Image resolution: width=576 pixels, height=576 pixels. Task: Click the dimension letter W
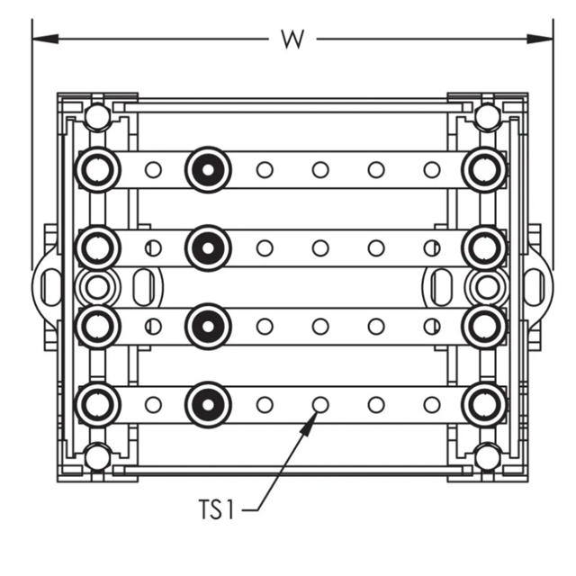(x=292, y=39)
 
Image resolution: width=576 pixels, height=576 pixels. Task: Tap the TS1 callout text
(x=216, y=510)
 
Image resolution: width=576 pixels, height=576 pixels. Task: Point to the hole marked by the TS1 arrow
(x=319, y=404)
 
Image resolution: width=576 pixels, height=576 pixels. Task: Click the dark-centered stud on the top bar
(x=208, y=169)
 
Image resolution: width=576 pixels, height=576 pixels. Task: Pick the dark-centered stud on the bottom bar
(x=208, y=405)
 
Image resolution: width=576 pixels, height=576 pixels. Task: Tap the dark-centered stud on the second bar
(x=208, y=247)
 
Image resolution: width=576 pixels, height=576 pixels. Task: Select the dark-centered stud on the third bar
(x=208, y=326)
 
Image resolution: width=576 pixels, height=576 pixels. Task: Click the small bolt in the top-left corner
(x=97, y=117)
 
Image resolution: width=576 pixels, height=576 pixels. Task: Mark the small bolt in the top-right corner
(x=487, y=117)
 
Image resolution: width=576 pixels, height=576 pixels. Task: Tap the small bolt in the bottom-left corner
(x=97, y=456)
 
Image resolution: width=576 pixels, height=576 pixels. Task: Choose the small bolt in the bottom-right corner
(x=487, y=456)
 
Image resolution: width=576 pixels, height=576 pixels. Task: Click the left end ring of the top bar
(x=97, y=169)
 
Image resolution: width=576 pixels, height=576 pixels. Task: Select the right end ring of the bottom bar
(x=484, y=405)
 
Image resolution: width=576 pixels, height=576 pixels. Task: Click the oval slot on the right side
(x=441, y=287)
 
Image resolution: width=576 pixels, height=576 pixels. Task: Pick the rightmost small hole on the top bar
(x=432, y=169)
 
